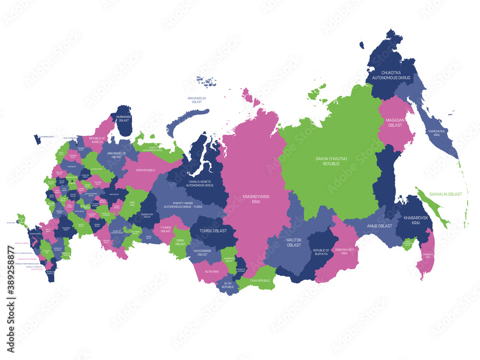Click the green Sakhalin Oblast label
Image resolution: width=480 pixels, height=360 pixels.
[445, 194]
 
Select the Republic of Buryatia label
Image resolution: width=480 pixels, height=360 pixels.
[321, 252]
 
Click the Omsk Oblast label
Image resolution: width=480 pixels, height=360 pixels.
[180, 242]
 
